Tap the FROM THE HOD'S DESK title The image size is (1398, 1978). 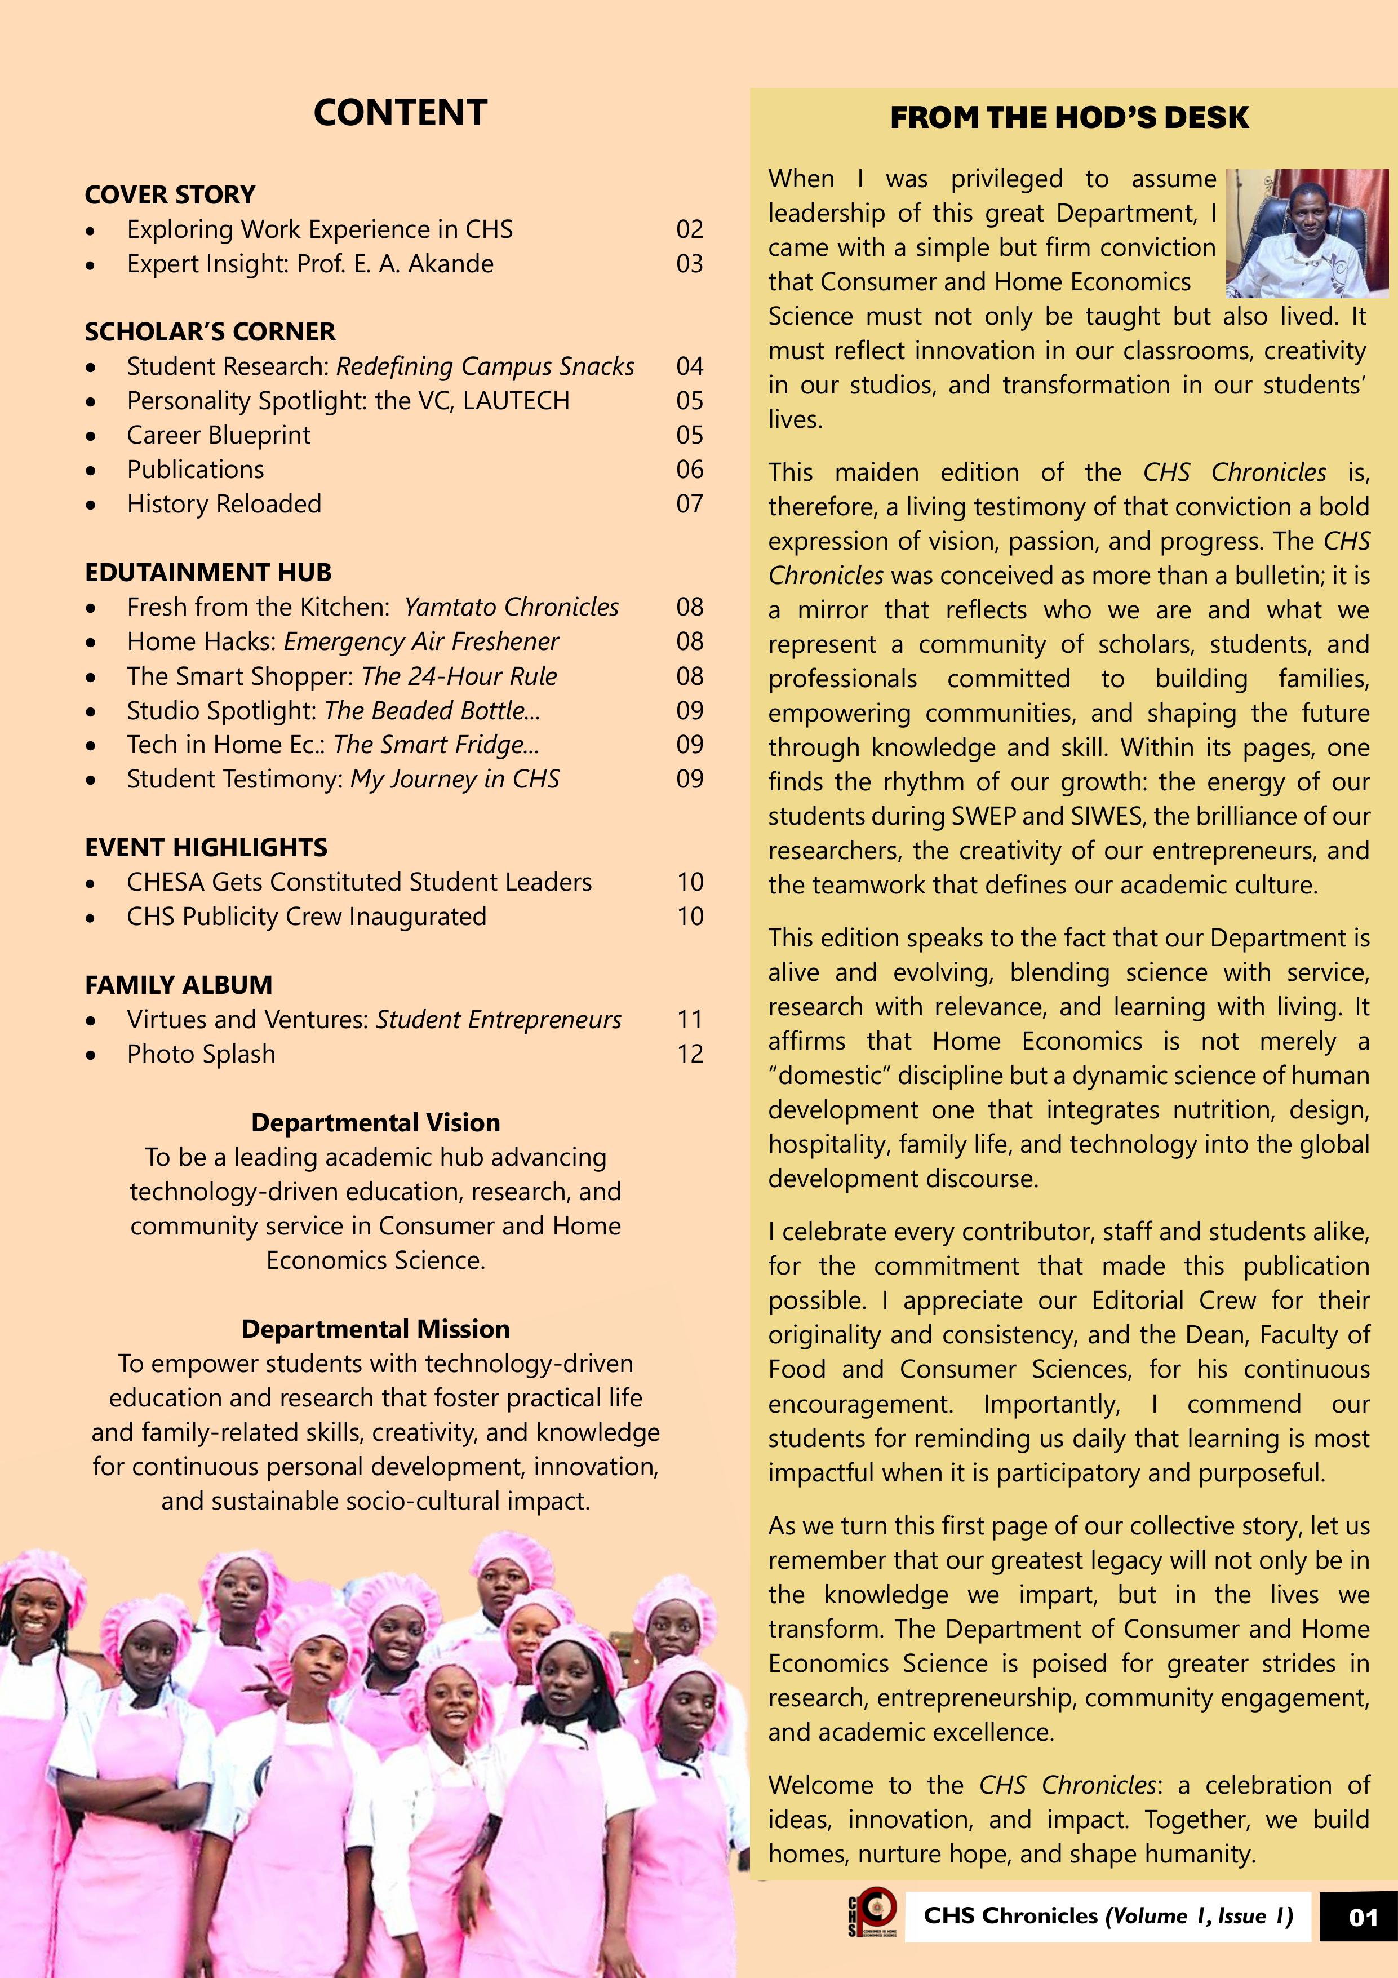[x=1069, y=118]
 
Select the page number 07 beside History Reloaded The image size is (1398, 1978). [x=689, y=504]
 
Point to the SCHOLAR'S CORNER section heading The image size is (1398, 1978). [x=210, y=331]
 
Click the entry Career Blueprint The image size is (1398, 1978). [x=218, y=435]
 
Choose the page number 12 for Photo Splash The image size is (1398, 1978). [x=689, y=1054]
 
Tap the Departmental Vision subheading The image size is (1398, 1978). [x=375, y=1122]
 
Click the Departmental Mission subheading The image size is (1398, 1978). [x=375, y=1329]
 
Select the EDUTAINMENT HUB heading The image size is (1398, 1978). [x=207, y=572]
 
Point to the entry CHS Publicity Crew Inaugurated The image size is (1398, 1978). [x=307, y=916]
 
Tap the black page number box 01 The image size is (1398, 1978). [x=1363, y=1917]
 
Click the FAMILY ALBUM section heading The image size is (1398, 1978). [x=178, y=985]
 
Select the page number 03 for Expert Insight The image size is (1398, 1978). [x=689, y=264]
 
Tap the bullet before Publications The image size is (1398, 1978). [x=91, y=470]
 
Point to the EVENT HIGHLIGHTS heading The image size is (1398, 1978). [x=206, y=847]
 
